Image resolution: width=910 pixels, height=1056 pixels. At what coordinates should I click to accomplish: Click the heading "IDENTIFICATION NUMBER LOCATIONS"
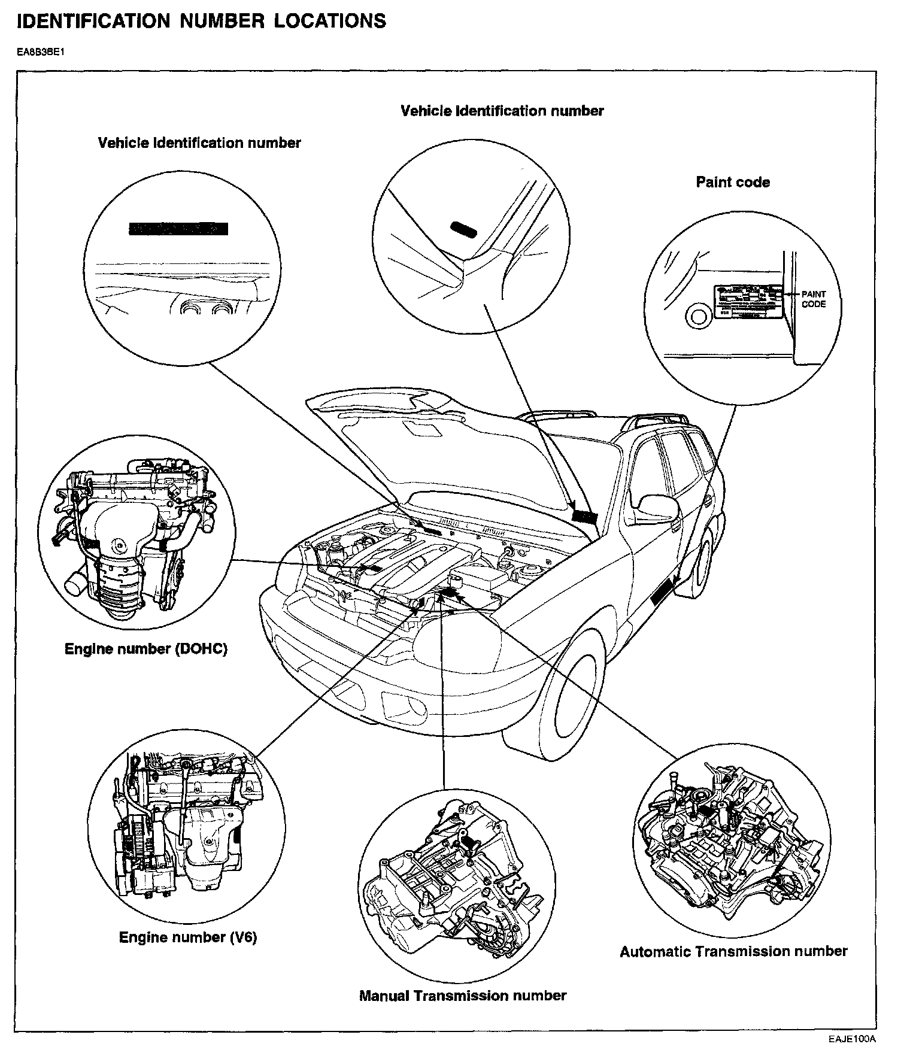[x=201, y=21]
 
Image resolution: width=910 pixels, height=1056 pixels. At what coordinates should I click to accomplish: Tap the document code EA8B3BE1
[x=40, y=52]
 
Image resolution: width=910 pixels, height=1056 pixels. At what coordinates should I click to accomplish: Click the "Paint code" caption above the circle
[x=732, y=182]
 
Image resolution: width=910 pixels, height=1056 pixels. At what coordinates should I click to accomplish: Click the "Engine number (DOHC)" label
[x=145, y=649]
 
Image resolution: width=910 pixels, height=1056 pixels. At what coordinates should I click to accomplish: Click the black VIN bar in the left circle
[x=178, y=228]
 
